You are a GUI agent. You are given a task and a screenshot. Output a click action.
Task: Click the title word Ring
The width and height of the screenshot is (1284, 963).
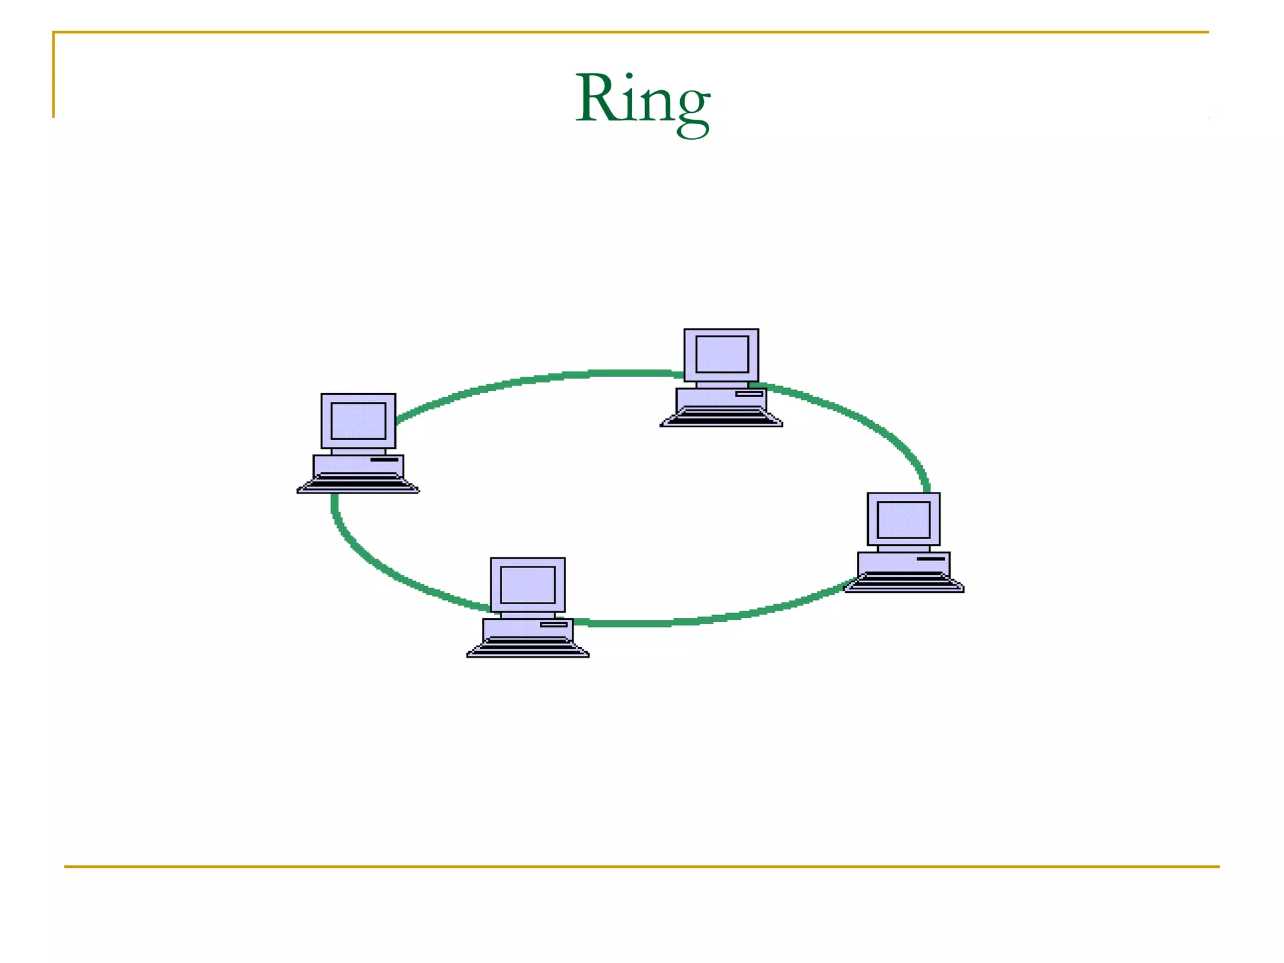click(x=642, y=100)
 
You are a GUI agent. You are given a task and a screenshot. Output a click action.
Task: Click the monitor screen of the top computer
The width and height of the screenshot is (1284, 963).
click(x=722, y=354)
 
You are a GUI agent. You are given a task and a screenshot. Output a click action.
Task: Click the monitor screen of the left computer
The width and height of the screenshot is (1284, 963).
click(x=358, y=421)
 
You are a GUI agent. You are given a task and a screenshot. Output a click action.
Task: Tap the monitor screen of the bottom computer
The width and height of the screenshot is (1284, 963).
click(x=528, y=585)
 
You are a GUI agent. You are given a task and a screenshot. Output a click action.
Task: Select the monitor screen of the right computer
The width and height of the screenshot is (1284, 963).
click(x=903, y=520)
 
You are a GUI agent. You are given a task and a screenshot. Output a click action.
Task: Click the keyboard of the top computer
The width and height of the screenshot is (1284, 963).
click(x=721, y=416)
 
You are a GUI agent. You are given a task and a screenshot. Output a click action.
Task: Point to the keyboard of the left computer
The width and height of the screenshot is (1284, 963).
click(x=358, y=483)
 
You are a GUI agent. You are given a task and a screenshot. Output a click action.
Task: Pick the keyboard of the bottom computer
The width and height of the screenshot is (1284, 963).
click(x=528, y=647)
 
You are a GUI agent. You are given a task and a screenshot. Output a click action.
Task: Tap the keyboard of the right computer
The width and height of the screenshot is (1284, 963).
click(x=903, y=582)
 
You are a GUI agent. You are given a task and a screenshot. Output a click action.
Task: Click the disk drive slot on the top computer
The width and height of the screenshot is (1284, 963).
click(x=749, y=394)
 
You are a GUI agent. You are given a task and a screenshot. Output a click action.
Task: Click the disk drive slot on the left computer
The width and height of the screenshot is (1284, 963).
click(x=384, y=460)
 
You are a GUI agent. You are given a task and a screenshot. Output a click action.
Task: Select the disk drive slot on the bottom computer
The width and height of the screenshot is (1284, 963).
click(x=554, y=624)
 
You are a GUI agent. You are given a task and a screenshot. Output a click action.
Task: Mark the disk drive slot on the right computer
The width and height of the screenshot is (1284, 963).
click(x=930, y=559)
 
